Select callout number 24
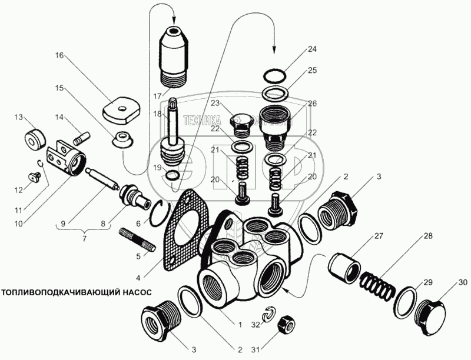pos(311,49)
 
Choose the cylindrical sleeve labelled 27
pos(343,265)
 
